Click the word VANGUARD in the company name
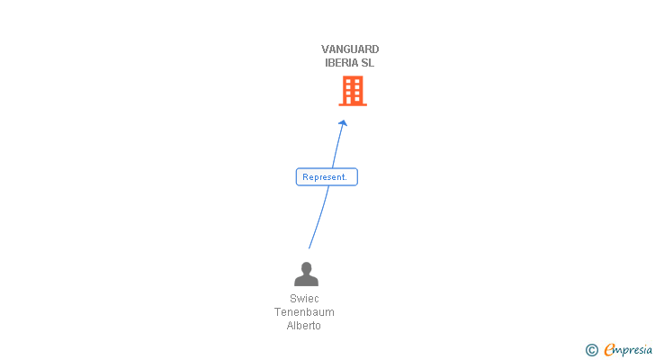click(x=350, y=49)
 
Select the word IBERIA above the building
click(x=340, y=63)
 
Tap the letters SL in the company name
click(x=367, y=63)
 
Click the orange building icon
click(x=353, y=91)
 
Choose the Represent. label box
click(x=327, y=177)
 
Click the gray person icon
click(x=306, y=274)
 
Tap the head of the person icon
click(x=306, y=268)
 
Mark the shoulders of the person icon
click(x=306, y=281)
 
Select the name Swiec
click(x=304, y=299)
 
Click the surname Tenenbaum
click(x=304, y=312)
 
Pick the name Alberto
click(x=304, y=326)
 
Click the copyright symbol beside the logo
click(x=592, y=350)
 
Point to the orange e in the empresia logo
click(x=609, y=350)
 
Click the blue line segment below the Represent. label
click(x=319, y=216)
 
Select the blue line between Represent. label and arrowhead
click(x=337, y=148)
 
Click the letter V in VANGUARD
click(x=326, y=49)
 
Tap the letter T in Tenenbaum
click(x=278, y=312)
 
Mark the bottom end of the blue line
click(x=310, y=247)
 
